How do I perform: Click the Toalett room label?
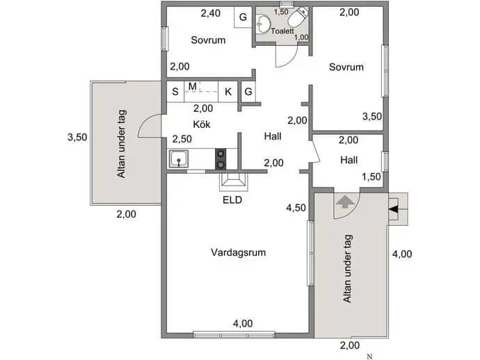tap(282, 31)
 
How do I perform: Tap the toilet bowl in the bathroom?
tap(296, 18)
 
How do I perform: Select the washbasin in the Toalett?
tap(263, 23)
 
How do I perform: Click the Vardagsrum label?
tap(238, 252)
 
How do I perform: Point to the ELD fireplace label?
tap(232, 200)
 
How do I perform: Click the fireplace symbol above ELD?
tap(234, 182)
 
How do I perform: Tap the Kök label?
tap(202, 124)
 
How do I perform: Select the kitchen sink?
tap(179, 158)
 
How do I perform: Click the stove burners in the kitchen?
tap(221, 158)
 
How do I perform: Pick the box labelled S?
tap(175, 92)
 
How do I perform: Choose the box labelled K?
tap(228, 92)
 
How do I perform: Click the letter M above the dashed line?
tap(192, 87)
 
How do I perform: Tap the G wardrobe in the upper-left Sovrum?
tap(243, 17)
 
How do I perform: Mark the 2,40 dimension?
tap(211, 13)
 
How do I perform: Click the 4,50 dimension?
tap(296, 208)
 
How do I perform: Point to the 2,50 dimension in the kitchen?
tap(182, 139)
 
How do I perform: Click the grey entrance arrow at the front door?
tap(345, 202)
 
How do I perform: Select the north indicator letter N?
tap(370, 357)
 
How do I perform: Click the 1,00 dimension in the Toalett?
tap(301, 38)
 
